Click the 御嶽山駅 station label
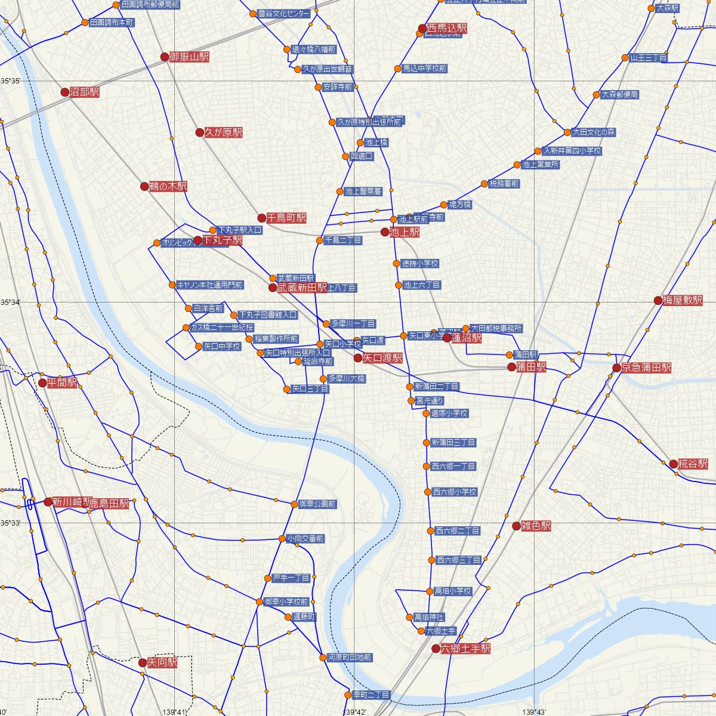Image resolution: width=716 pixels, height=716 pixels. (x=189, y=57)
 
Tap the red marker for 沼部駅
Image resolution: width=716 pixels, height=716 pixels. (x=65, y=92)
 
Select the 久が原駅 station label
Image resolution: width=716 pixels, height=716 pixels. (x=223, y=132)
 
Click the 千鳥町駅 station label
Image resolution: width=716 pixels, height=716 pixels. (x=286, y=218)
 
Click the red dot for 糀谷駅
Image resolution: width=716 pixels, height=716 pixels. (x=674, y=464)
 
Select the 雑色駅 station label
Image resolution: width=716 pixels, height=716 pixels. (x=535, y=526)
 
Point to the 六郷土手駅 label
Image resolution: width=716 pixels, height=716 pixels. (x=465, y=648)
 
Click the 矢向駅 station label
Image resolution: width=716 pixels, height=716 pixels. (x=162, y=662)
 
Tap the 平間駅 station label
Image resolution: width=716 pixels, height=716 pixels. (x=62, y=382)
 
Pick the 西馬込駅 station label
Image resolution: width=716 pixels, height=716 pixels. (x=446, y=28)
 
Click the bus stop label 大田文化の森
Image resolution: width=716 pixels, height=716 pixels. (x=593, y=132)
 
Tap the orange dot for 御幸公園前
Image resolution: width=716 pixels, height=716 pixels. (x=294, y=504)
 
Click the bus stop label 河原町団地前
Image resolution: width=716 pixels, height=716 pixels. (x=349, y=657)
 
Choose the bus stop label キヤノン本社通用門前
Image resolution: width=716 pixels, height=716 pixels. (x=209, y=285)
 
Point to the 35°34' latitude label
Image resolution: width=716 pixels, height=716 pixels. (x=10, y=303)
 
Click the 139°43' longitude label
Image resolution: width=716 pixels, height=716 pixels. (x=535, y=711)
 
